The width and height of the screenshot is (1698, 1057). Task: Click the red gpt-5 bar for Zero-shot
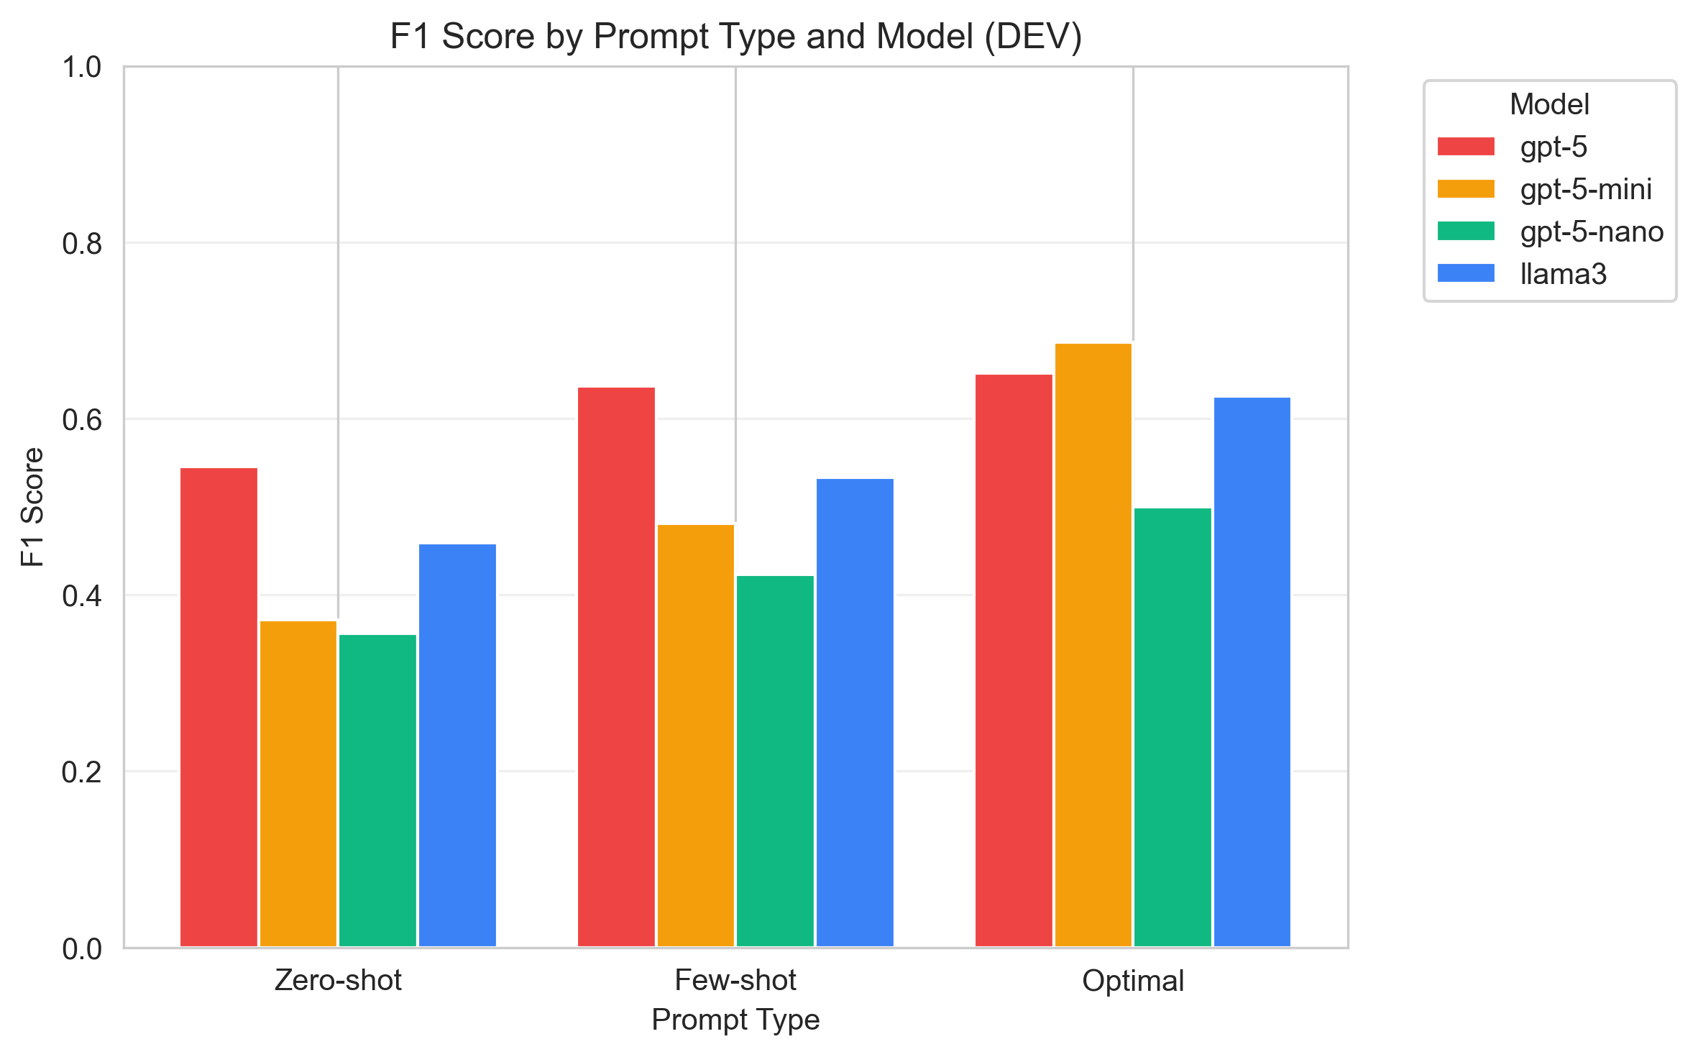219,708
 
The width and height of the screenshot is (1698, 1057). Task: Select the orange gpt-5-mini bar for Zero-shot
298,784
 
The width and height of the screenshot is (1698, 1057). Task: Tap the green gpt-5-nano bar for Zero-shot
377,791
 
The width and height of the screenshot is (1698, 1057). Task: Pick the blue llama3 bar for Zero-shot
457,746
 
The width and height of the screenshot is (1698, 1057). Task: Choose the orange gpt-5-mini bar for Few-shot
696,736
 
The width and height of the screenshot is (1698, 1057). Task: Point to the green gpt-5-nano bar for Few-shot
775,761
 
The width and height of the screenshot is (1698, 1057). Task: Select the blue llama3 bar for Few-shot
855,713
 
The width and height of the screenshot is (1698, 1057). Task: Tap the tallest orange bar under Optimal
1093,645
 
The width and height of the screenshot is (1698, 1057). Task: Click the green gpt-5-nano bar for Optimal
1172,728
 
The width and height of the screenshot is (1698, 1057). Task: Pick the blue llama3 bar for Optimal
1252,672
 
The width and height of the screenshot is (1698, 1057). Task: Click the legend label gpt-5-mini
1586,189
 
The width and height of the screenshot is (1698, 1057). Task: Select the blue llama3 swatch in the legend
1465,273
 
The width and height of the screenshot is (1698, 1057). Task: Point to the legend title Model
1548,104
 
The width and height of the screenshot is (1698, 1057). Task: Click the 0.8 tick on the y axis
81,244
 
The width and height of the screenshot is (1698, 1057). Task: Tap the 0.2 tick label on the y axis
81,772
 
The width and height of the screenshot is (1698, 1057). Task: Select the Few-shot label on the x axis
735,981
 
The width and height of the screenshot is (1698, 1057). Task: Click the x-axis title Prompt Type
735,1020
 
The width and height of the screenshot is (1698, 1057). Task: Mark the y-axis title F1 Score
32,507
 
